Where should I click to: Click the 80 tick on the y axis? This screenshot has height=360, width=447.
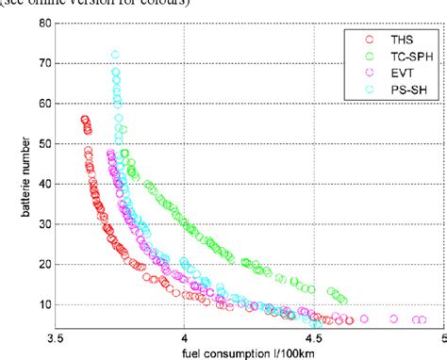coord(42,23)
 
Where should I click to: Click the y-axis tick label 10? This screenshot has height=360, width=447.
coord(42,304)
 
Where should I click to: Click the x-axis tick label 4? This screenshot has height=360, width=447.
coord(185,335)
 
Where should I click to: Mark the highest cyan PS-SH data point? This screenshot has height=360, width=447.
coord(115,56)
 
